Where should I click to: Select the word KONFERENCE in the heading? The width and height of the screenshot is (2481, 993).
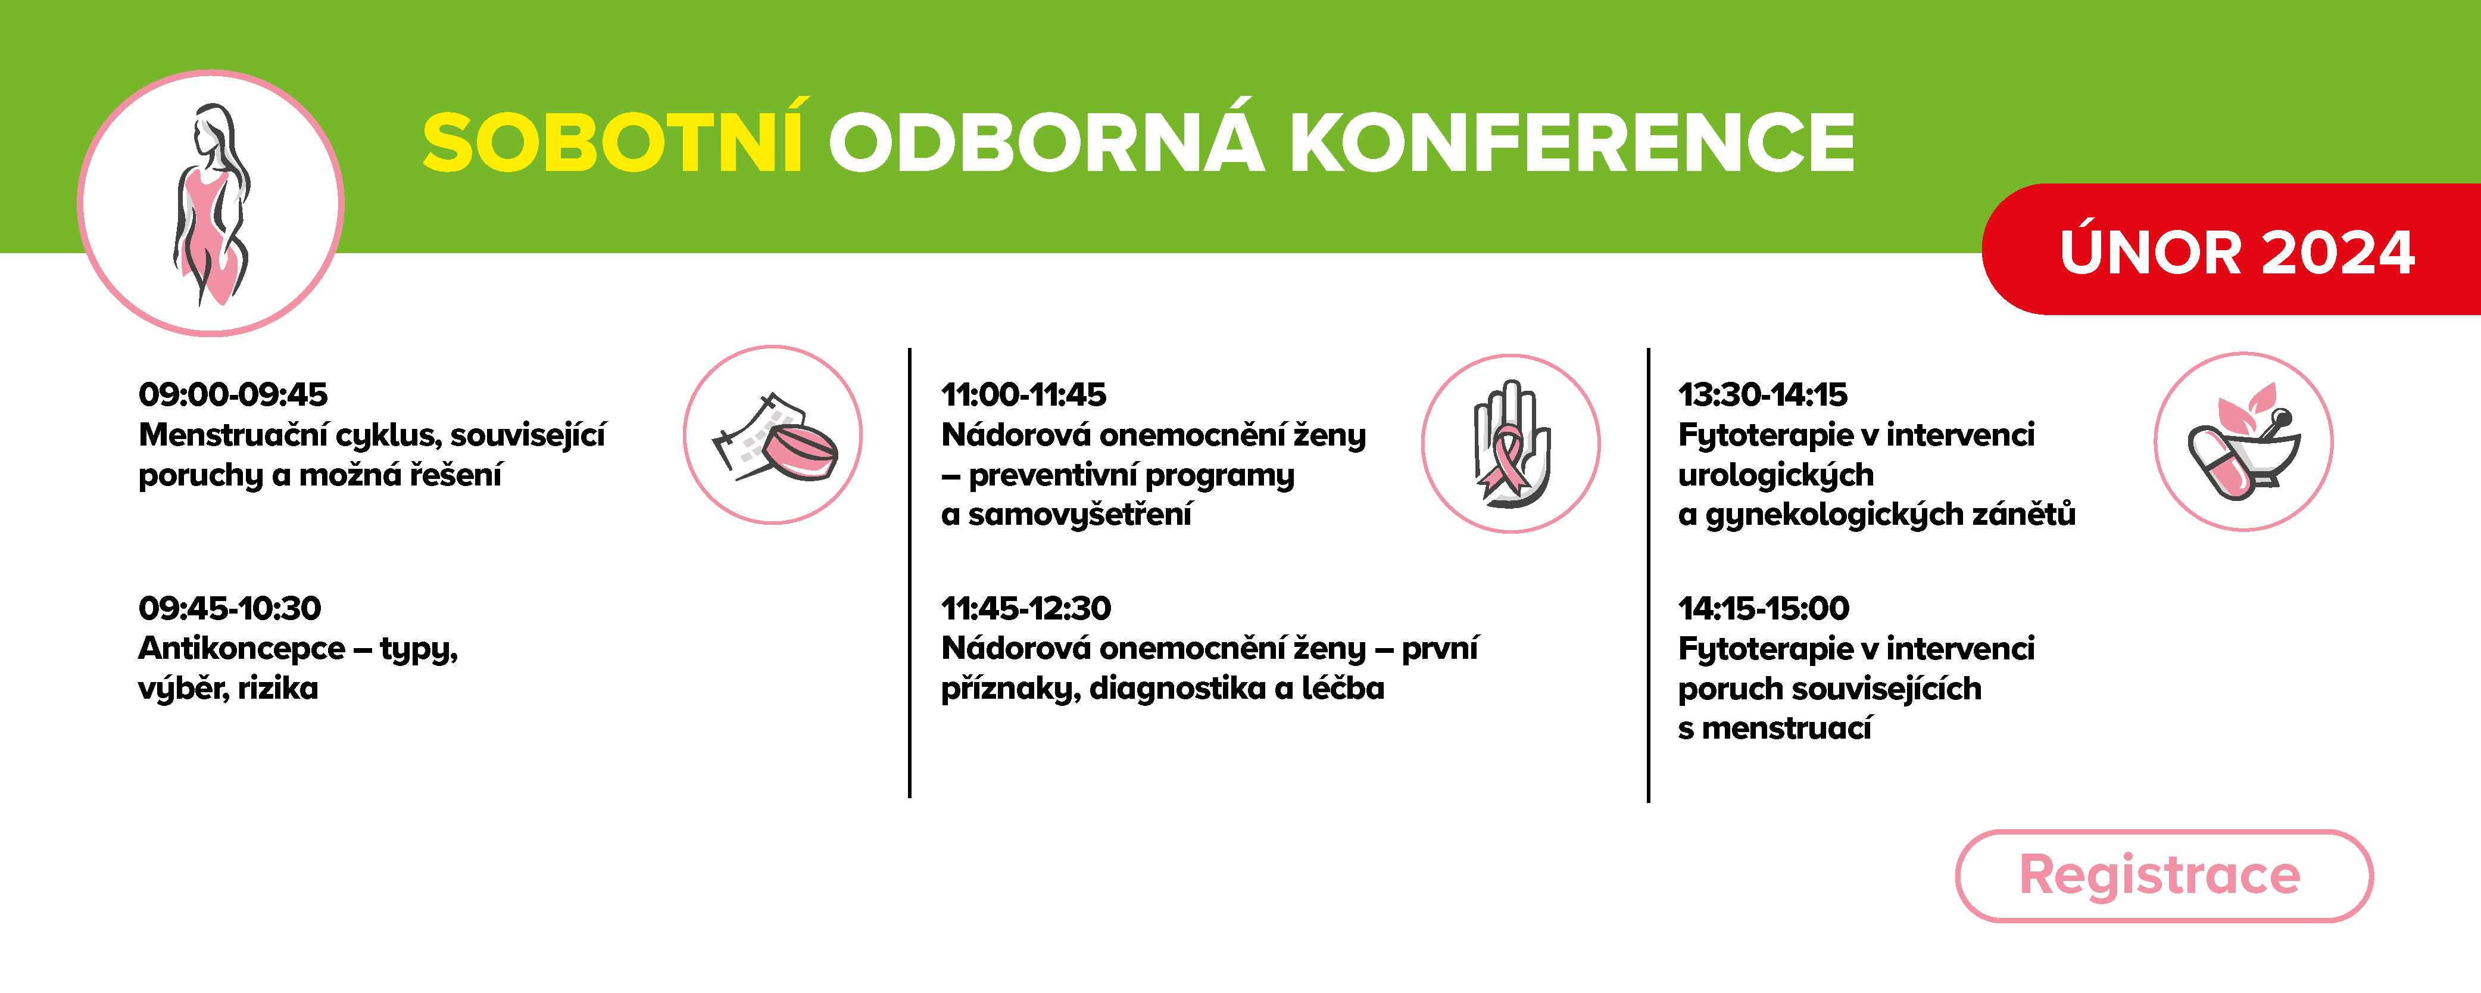click(x=1572, y=142)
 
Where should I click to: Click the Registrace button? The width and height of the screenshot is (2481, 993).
click(x=2163, y=876)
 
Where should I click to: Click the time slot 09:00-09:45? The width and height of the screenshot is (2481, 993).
click(x=233, y=394)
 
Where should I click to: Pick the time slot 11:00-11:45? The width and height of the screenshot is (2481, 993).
click(x=1024, y=394)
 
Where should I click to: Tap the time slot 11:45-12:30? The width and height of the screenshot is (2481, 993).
click(x=1026, y=608)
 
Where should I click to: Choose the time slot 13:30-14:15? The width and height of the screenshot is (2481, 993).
click(x=1762, y=394)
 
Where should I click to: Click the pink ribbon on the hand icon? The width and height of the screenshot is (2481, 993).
click(x=1505, y=462)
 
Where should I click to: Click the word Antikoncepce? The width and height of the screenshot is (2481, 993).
click(x=242, y=648)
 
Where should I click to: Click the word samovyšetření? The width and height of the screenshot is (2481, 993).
click(x=1079, y=514)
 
